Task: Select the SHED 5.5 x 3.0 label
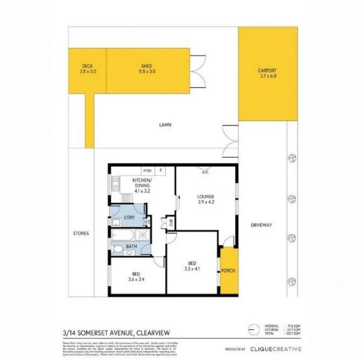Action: tap(146, 68)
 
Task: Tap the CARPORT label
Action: tap(267, 73)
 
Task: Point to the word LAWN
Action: tap(164, 125)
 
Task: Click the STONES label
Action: tap(81, 234)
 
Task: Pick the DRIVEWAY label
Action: tap(262, 225)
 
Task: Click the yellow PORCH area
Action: tap(228, 271)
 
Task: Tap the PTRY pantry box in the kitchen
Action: tap(147, 171)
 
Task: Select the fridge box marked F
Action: tap(161, 171)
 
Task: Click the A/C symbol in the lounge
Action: tap(205, 172)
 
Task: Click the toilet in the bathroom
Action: tap(118, 249)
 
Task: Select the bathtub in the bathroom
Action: tap(124, 235)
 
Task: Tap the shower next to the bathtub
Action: tap(144, 235)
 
